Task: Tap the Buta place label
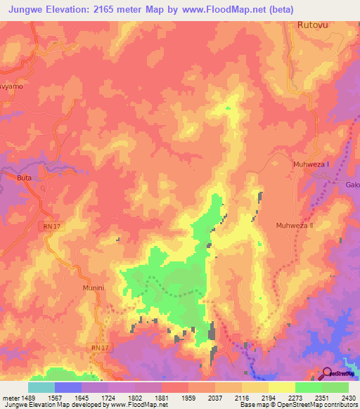point(25,178)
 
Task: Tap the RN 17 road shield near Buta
point(48,228)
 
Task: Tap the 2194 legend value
point(269,398)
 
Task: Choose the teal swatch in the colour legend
point(41,387)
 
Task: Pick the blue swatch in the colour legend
point(67,387)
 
